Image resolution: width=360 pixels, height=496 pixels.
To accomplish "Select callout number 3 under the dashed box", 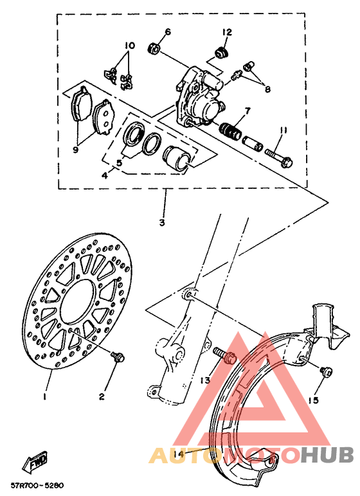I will [161, 224].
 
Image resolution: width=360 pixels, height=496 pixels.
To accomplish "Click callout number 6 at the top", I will [168, 31].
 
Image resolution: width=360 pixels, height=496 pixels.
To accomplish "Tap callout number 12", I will [227, 31].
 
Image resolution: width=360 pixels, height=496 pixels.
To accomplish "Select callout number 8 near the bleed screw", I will [267, 91].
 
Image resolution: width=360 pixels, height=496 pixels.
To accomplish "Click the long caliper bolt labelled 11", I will [276, 154].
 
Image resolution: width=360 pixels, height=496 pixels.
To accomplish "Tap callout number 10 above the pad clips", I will [129, 46].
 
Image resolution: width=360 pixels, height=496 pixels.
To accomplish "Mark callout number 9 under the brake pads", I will [76, 150].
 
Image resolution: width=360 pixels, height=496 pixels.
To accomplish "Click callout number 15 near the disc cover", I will [313, 401].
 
